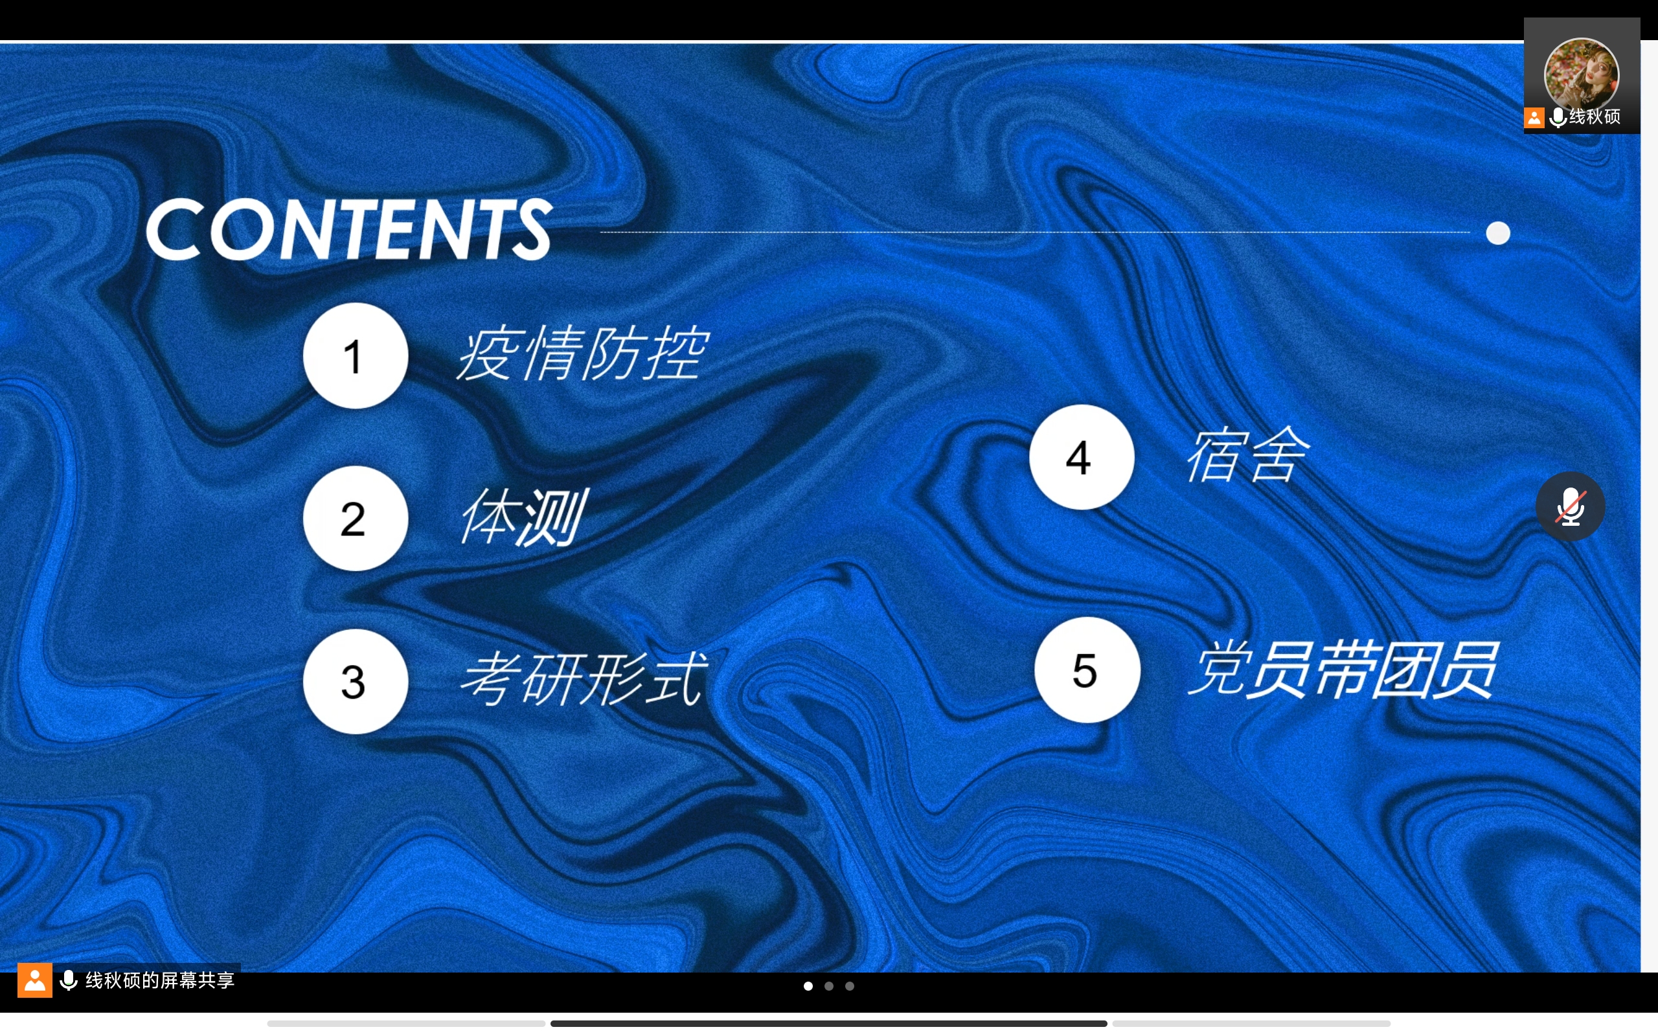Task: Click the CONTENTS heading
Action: point(350,229)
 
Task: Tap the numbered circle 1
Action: point(356,355)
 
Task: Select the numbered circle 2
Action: point(356,519)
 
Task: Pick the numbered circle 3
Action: point(356,682)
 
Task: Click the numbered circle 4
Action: point(1082,457)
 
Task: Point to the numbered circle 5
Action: point(1087,670)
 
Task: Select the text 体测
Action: point(523,517)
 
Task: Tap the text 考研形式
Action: point(584,679)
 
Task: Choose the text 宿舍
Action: point(1248,455)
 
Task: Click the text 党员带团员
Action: point(1343,670)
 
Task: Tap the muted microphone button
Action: point(1571,506)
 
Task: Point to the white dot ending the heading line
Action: point(1499,233)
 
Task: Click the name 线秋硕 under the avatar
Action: point(1595,117)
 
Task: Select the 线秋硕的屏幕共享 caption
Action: point(159,980)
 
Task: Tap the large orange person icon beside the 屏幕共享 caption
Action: point(35,980)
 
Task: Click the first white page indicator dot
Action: point(808,986)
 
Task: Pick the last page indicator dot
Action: point(850,986)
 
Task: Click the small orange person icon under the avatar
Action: point(1534,118)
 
